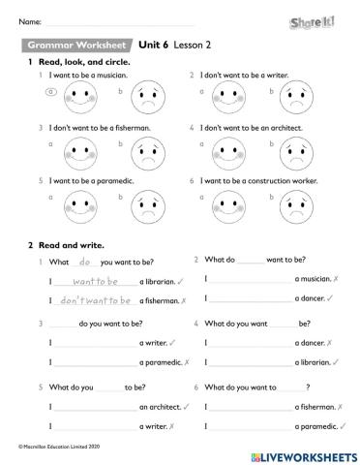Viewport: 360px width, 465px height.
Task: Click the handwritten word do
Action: click(x=84, y=262)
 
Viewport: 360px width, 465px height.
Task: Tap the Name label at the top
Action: click(x=28, y=19)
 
